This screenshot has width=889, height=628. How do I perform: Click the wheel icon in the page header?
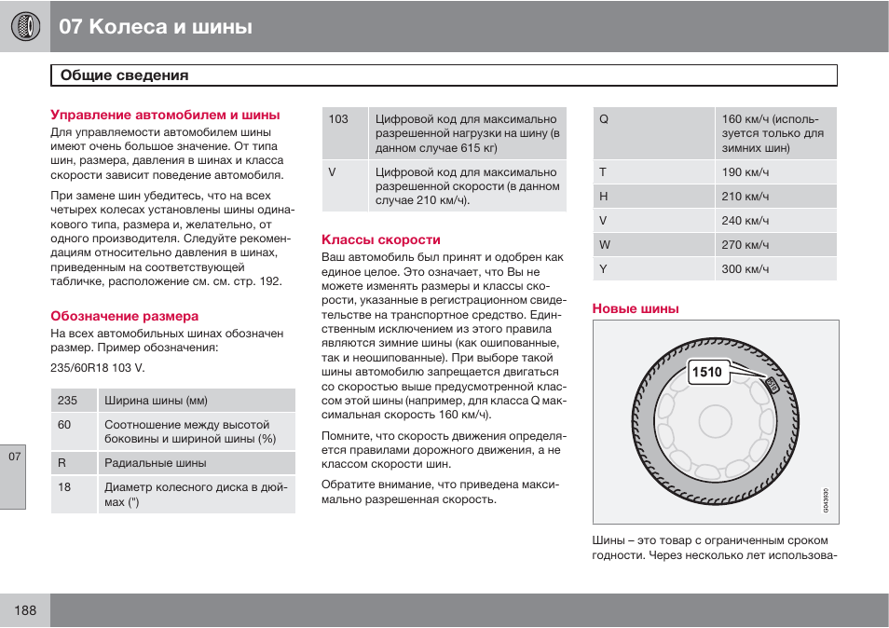point(25,26)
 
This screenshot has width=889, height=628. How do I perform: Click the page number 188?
point(25,610)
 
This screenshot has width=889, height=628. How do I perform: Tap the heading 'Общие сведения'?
point(124,75)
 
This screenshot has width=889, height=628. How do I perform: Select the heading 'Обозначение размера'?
point(124,316)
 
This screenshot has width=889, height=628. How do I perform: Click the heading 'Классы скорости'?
point(381,239)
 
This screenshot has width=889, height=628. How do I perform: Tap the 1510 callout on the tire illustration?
point(707,373)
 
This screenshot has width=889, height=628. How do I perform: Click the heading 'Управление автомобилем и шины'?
point(165,115)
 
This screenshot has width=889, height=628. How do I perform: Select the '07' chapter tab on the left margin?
point(13,457)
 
